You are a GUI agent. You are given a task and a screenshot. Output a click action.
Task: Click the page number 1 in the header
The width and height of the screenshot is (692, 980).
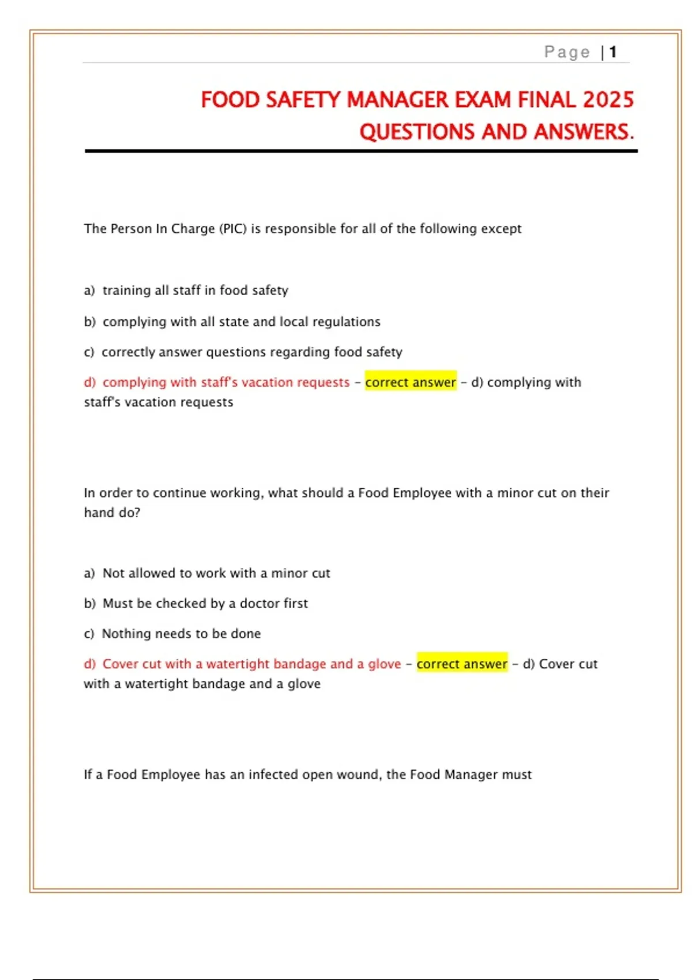[613, 52]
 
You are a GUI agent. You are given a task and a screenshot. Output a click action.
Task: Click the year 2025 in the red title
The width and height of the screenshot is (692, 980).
[608, 100]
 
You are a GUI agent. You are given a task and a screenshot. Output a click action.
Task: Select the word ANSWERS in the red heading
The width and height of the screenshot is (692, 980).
[583, 132]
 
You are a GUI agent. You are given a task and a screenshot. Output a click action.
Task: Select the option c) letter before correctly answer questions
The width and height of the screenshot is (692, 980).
[89, 352]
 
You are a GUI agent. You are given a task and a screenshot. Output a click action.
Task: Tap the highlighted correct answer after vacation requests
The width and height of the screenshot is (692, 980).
[411, 382]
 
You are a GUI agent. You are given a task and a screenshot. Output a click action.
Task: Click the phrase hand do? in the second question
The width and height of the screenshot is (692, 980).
[112, 512]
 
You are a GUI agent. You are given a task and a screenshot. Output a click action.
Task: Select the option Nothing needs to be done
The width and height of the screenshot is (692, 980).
[181, 634]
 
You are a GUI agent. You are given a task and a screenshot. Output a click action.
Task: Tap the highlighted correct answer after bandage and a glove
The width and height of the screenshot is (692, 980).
[462, 664]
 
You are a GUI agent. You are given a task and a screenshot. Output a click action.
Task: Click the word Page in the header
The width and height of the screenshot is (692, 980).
[567, 52]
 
